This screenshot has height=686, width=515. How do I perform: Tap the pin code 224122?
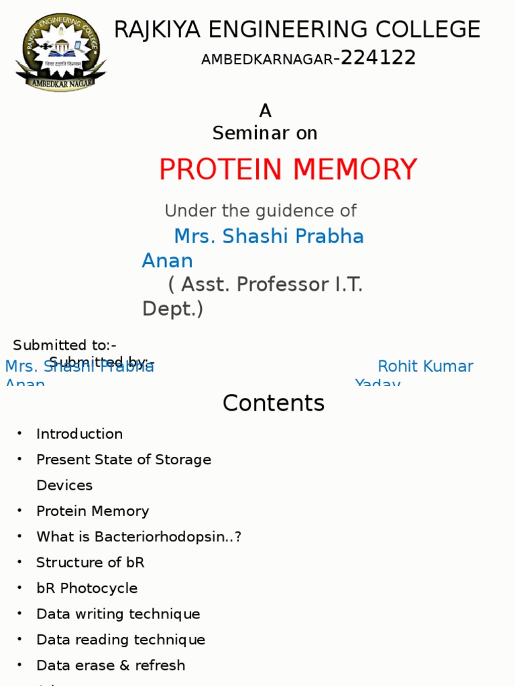tap(378, 58)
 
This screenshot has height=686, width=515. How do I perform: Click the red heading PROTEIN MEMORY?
tap(288, 169)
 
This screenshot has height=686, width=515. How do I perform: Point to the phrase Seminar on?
tap(265, 133)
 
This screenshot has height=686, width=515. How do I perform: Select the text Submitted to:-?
tap(65, 346)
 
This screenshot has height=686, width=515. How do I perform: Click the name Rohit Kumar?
tap(425, 366)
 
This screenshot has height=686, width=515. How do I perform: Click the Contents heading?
tap(274, 403)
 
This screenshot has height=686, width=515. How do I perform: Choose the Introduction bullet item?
tap(79, 434)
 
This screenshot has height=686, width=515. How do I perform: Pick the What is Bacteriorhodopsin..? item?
tap(139, 537)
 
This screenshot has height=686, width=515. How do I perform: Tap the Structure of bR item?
tap(90, 563)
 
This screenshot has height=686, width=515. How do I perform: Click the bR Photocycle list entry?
tap(87, 588)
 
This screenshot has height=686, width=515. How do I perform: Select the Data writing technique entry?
tap(118, 614)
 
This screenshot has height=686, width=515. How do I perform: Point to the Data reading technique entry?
tap(121, 640)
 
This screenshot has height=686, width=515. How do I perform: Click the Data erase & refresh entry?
tap(111, 666)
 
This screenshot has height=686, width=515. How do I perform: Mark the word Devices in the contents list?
tap(64, 485)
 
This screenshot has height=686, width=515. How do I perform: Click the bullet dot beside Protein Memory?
tap(20, 510)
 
